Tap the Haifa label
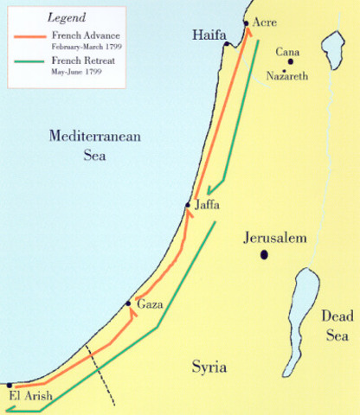tap(209, 34)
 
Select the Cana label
tap(287, 53)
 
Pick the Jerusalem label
tap(275, 237)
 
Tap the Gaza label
tap(151, 306)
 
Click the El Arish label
tap(30, 396)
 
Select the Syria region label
tap(209, 368)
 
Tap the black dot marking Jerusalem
tap(264, 254)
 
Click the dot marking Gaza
tap(129, 303)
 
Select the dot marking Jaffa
tap(187, 205)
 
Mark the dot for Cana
tap(291, 61)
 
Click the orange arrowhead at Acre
tap(249, 31)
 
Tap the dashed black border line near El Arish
tap(102, 377)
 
